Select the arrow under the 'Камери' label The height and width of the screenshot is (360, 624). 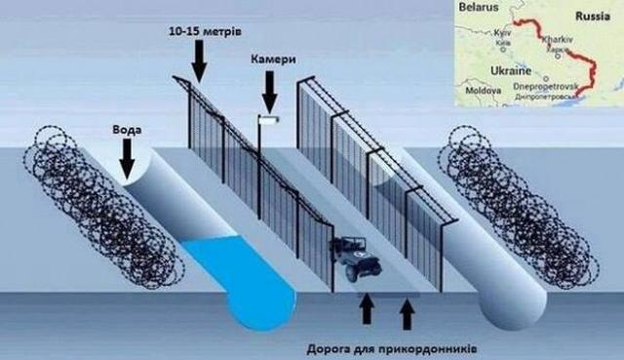269,93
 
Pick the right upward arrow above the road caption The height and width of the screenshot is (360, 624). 406,312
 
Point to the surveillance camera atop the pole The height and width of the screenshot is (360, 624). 266,119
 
